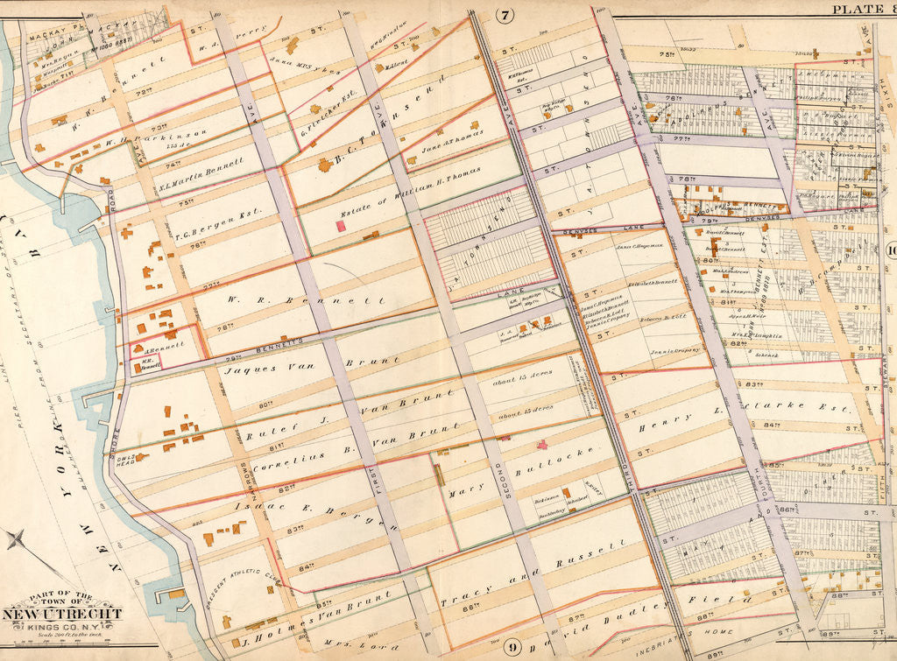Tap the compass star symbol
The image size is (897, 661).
click(16, 538)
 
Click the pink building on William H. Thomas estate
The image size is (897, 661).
click(340, 226)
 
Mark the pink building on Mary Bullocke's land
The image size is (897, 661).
click(541, 445)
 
